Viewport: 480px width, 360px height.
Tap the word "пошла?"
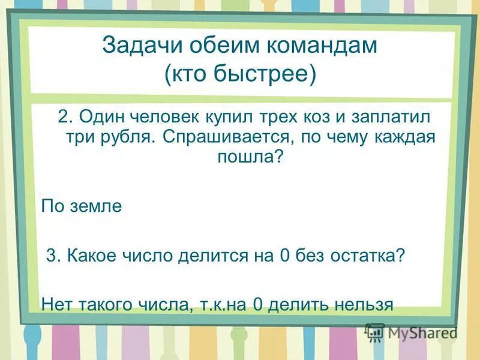pos(247,157)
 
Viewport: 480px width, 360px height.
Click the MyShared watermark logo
pos(412,332)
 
